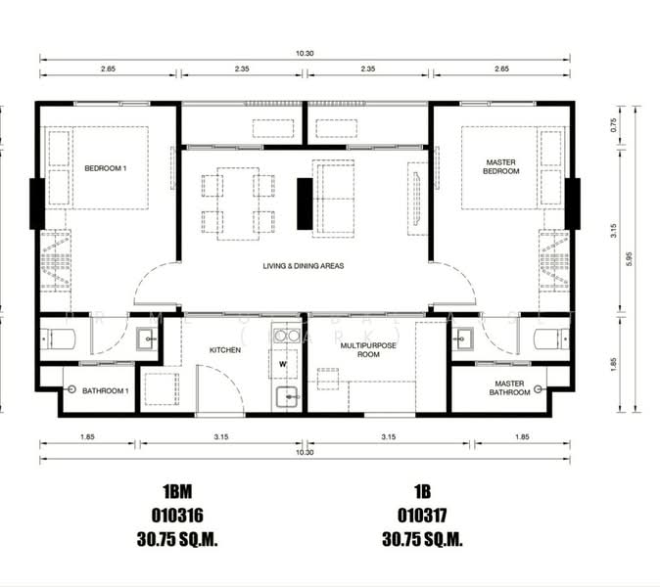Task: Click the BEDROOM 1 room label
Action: tap(105, 167)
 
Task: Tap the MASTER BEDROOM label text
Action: tap(501, 166)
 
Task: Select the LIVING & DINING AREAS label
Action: tap(303, 265)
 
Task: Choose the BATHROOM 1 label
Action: tap(106, 391)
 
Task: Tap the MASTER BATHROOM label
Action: tap(510, 388)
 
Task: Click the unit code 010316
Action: tap(176, 513)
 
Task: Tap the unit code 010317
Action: tap(421, 513)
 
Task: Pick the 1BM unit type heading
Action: tap(176, 490)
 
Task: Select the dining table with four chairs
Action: tap(238, 203)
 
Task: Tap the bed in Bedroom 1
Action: tap(98, 167)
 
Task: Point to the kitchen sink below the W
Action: tap(286, 396)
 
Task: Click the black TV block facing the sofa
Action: tap(304, 203)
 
